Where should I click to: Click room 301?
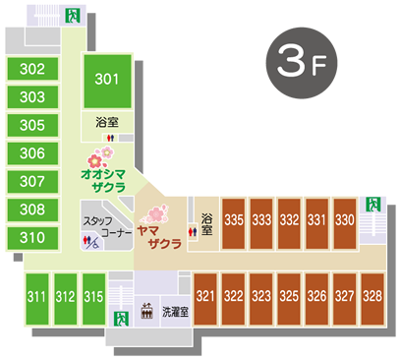pos(107,80)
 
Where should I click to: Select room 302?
pos(32,69)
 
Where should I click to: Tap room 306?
pos(32,153)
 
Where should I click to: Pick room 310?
pos(32,237)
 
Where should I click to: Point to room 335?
pos(234,220)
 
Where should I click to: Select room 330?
pos(344,220)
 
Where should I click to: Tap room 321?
pos(205,295)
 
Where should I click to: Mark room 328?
pos(372,295)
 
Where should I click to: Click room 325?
pos(289,295)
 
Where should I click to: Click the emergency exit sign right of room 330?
pos(372,205)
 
